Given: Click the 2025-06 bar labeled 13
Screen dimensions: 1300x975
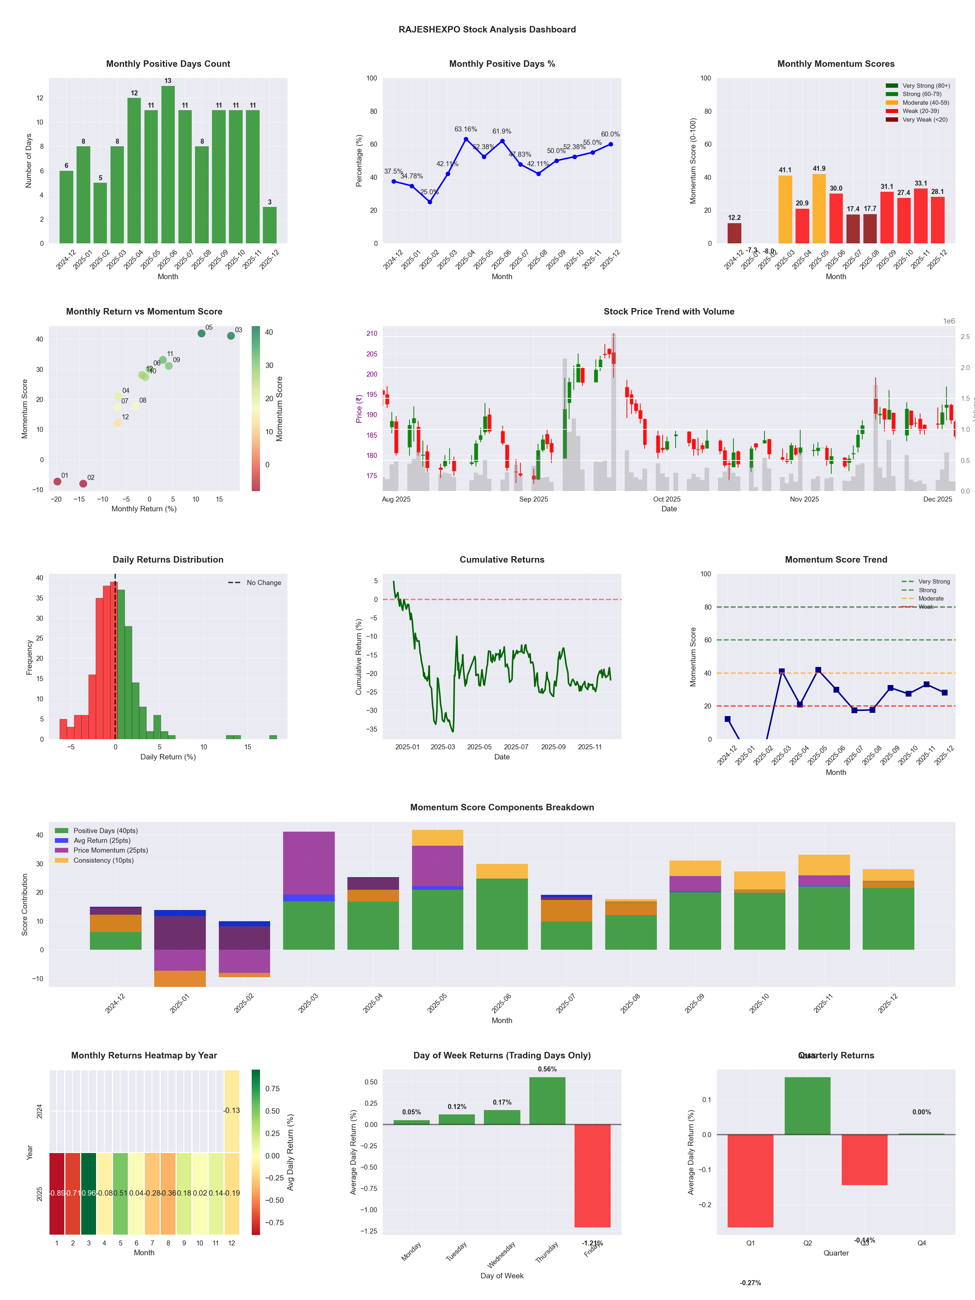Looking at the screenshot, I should tap(168, 165).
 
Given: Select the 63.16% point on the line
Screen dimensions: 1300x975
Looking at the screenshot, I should tap(466, 139).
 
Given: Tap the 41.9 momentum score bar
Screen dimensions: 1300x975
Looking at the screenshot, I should tap(819, 209).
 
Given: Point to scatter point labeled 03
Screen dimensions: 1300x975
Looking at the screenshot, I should tap(231, 335).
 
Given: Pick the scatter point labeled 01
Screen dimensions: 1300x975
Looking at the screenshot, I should tap(57, 481).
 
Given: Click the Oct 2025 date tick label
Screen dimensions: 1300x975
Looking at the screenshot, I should tap(667, 499).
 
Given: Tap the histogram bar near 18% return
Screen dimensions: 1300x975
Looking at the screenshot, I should tap(273, 737).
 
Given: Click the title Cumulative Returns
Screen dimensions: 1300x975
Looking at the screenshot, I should tap(502, 559).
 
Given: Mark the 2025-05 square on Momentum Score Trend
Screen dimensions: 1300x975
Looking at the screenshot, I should tap(818, 670).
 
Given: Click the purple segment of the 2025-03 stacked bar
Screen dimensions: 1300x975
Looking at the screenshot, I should tap(308, 863).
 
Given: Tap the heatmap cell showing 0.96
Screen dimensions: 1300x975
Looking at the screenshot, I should tap(89, 1193).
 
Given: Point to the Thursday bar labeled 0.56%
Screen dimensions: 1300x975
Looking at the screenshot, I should tap(547, 1100).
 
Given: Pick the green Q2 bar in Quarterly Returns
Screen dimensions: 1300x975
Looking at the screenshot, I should tap(807, 1105).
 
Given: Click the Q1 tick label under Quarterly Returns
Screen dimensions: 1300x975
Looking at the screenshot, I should tap(750, 1243).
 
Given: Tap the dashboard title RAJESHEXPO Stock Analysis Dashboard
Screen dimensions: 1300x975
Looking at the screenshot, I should tap(487, 29).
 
